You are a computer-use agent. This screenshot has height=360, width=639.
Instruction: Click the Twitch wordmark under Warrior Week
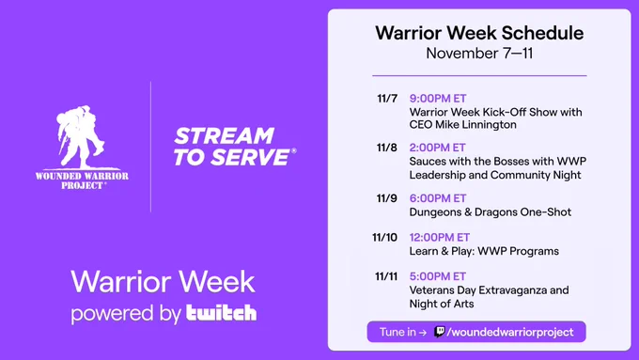pos(221,313)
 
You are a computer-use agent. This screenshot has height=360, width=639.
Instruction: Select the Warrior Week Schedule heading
pos(479,33)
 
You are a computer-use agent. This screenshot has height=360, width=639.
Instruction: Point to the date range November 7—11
pos(479,54)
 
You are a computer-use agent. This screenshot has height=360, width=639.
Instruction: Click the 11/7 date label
pos(387,99)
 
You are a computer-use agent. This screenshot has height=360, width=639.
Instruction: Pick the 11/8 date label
pos(387,148)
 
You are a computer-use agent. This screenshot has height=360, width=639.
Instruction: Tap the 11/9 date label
pos(387,198)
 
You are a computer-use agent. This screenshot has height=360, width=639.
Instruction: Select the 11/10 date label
pos(384,237)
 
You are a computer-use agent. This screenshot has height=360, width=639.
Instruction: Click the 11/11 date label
pos(386,276)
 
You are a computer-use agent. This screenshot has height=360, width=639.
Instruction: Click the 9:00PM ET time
pos(438,99)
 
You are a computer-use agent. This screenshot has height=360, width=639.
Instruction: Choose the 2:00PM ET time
pos(437,148)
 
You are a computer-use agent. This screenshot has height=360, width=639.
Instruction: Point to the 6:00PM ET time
pos(438,198)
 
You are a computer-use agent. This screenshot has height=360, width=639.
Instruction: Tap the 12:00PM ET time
pos(440,237)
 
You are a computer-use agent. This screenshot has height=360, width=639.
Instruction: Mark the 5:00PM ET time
pos(437,276)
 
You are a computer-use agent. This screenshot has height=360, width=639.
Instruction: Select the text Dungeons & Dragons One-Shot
pos(491,212)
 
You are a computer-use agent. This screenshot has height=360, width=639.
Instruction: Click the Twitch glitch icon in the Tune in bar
pos(440,332)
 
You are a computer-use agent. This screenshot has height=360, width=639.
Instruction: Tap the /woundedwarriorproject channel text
pos(510,333)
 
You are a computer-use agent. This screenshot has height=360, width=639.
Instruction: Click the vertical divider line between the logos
pos(150,147)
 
